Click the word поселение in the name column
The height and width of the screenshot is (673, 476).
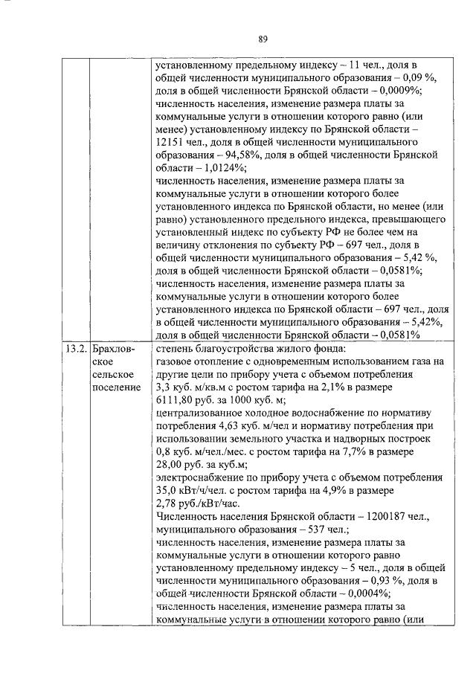pyautogui.click(x=116, y=387)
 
